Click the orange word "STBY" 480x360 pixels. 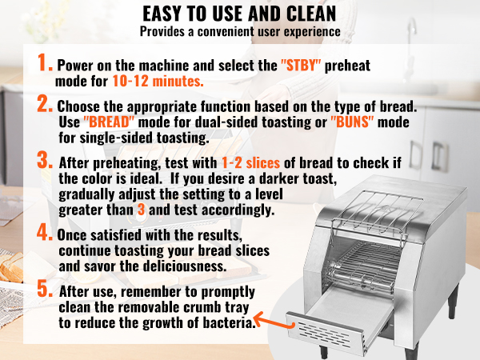coord(301,66)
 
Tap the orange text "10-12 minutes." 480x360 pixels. coord(158,81)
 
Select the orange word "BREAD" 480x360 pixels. coord(109,122)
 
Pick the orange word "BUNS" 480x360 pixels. coord(352,122)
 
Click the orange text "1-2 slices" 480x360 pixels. coord(250,163)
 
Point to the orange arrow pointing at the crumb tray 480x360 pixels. coord(273,322)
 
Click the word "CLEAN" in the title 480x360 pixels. coord(311,14)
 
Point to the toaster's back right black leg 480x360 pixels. coord(454,302)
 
